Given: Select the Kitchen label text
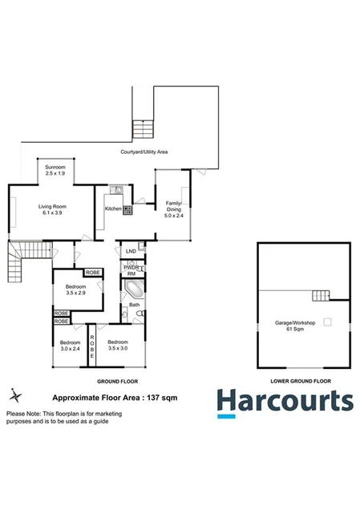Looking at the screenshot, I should click(113, 208).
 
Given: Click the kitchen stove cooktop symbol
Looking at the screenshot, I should click(127, 208).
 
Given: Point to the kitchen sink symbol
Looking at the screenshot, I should click(116, 190).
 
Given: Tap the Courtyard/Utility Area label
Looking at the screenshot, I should click(144, 152).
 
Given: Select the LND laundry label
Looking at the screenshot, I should click(131, 251).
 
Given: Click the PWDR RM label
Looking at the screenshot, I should click(132, 269).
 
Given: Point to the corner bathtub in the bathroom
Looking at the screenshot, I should click(133, 287).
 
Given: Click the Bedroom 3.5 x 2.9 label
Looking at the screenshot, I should click(77, 289).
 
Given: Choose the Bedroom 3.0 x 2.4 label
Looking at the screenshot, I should click(71, 346).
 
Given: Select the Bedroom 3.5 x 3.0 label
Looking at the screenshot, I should click(119, 346).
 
